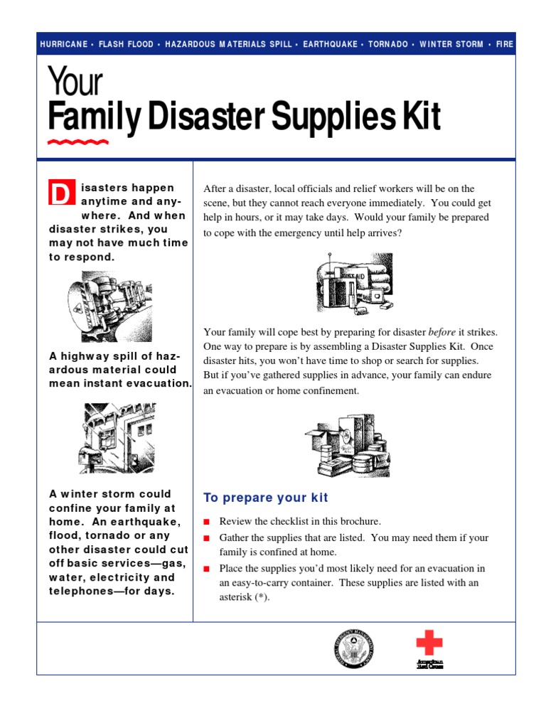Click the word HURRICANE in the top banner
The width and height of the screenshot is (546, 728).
pos(64,44)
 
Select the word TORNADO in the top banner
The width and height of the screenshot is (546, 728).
pos(388,44)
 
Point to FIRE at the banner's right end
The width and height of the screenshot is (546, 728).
pos(505,44)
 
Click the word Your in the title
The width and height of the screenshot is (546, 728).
pos(75,82)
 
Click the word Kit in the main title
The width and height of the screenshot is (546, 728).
pos(419,117)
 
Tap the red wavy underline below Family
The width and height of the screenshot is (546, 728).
pos(78,142)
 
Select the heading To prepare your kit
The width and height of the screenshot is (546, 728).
pos(266,498)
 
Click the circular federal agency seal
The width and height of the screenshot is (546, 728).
pos(353,648)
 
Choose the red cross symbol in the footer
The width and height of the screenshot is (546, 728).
pos(429,644)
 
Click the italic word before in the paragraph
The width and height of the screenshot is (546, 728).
pos(441,332)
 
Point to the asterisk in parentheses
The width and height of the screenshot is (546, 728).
pos(262,597)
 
